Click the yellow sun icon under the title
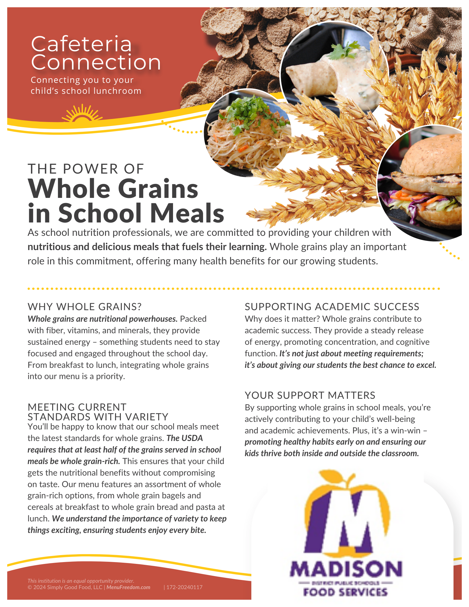(x=82, y=114)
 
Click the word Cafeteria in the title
(x=81, y=44)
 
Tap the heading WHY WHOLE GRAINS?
(x=85, y=307)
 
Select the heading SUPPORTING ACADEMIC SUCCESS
(x=332, y=307)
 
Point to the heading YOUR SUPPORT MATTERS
(x=310, y=395)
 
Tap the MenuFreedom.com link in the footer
(x=128, y=587)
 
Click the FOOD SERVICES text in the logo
(x=345, y=592)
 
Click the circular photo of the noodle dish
(x=247, y=134)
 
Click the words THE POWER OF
(x=86, y=169)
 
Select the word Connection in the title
(x=96, y=63)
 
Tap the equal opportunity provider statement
(x=81, y=581)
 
